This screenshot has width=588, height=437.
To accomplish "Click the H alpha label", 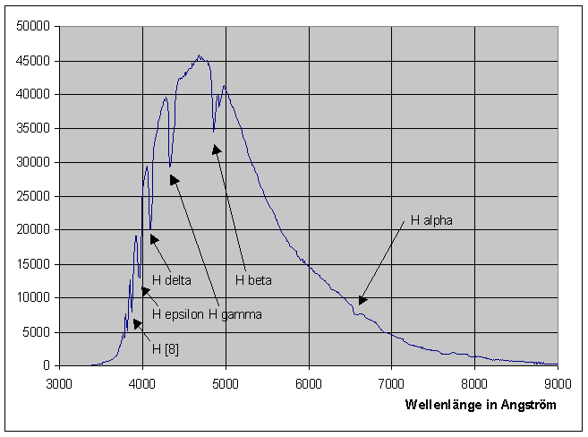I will (x=432, y=218).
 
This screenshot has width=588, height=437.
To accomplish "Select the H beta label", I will (x=253, y=280).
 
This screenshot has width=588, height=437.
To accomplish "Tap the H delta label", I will (x=172, y=280).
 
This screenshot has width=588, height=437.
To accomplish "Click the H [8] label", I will (x=166, y=348).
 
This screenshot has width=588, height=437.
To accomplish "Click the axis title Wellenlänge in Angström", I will (x=481, y=405).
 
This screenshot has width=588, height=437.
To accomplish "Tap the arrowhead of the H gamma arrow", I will (x=173, y=178).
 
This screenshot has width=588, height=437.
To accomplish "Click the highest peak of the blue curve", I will (x=200, y=56).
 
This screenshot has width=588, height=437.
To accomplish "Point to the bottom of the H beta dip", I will (x=213, y=133).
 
